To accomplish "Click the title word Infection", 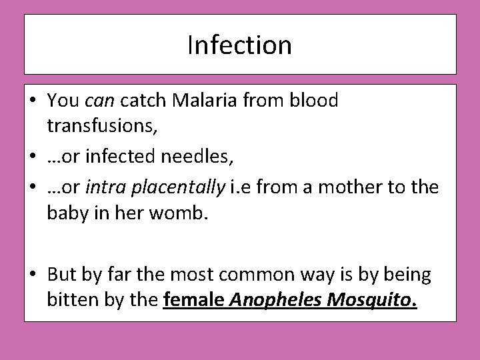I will [240, 45].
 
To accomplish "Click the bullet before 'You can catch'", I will [33, 102].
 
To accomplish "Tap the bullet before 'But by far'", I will [33, 275].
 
